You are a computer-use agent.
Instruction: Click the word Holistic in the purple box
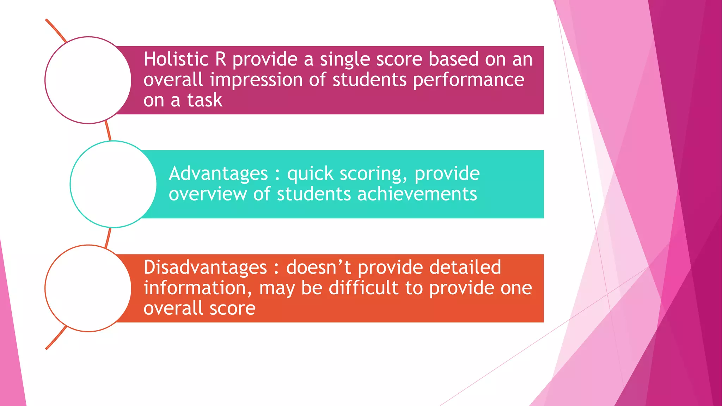176,59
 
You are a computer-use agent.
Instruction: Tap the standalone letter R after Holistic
221,59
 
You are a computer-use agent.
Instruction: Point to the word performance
469,80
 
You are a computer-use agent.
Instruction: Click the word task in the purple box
204,100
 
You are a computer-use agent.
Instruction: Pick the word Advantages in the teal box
218,174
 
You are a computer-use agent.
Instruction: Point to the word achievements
417,194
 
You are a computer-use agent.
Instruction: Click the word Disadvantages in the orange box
205,267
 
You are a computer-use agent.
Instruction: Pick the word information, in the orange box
198,288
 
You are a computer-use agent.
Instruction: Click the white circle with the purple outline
88,80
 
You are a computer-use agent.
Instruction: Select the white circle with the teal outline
113,184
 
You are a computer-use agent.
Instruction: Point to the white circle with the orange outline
88,288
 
